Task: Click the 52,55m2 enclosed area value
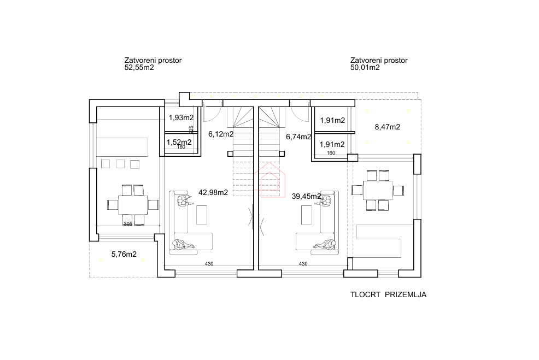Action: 139,68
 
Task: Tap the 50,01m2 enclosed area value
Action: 365,68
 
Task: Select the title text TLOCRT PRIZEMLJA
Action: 388,294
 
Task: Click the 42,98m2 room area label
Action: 213,192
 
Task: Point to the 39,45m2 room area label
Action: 307,196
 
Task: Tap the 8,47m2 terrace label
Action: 387,127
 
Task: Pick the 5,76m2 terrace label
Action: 124,253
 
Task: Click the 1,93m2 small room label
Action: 181,117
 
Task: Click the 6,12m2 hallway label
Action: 221,133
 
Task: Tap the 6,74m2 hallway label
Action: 298,137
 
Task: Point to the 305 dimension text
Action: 128,224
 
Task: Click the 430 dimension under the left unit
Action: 209,264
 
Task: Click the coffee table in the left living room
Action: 202,214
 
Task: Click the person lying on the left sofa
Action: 184,244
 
